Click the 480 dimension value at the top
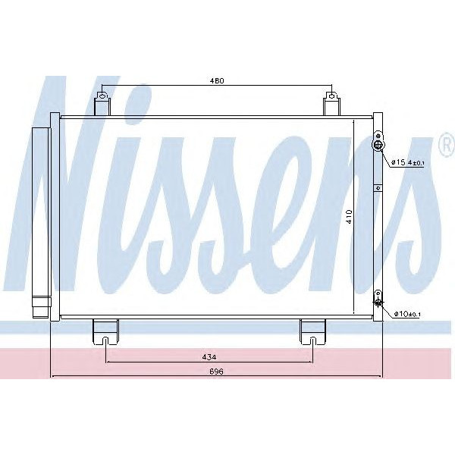click(217, 81)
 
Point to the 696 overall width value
click(216, 372)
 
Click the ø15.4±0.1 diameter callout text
click(406, 162)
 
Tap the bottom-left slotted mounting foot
click(105, 331)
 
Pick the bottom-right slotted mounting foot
click(312, 331)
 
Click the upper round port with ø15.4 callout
click(378, 145)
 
